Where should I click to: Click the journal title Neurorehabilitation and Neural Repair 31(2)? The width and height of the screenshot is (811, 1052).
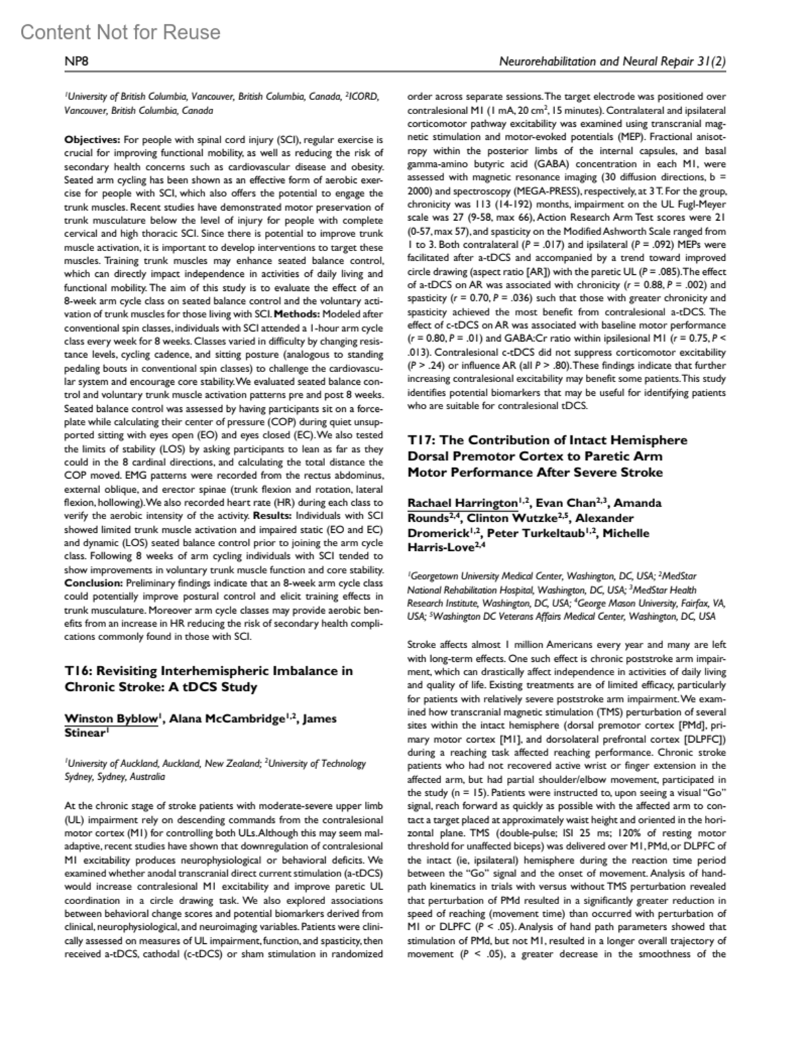pos(612,62)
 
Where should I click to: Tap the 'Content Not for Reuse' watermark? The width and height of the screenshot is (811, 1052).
pos(120,32)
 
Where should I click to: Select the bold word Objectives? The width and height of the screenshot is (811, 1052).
pos(92,140)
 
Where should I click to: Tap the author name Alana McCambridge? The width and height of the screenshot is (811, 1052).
pos(224,718)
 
